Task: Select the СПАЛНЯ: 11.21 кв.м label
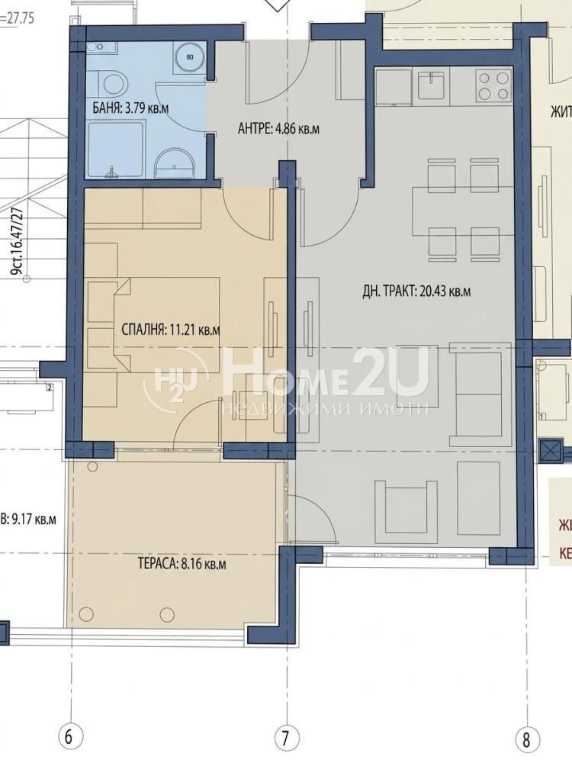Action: [170, 330]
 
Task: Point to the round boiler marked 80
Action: [189, 56]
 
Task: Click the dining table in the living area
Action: [455, 206]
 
